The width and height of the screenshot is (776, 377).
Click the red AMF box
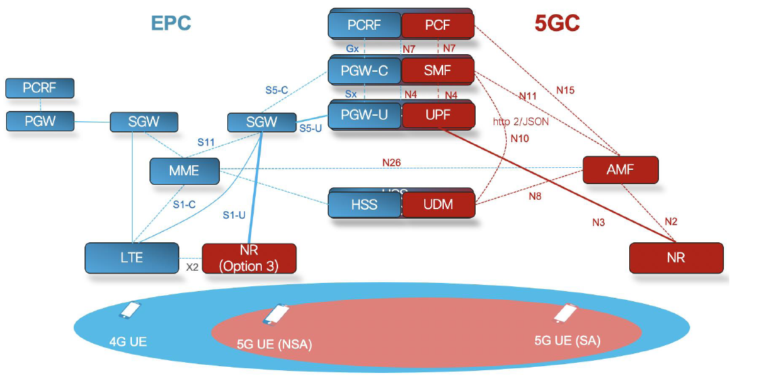tap(620, 170)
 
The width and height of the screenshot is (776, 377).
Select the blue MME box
tap(184, 171)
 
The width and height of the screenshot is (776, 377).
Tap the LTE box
tap(132, 258)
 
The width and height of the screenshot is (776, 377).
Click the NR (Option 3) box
tap(249, 259)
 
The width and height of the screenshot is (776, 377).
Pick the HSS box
tap(365, 204)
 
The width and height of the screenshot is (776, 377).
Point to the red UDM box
tap(438, 204)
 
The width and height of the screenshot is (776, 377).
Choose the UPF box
tap(438, 115)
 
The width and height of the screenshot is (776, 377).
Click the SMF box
tap(438, 70)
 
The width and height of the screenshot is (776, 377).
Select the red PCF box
tap(438, 26)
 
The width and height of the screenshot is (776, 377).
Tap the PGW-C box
tap(365, 70)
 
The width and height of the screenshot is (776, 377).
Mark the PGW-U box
tap(365, 115)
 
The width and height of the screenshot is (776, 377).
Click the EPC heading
tap(171, 22)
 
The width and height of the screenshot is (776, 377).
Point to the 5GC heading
tap(557, 23)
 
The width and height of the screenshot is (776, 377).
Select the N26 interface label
tap(392, 162)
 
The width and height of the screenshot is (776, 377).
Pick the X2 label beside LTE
tap(192, 267)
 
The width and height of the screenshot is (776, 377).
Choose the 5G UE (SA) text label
tap(567, 340)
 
